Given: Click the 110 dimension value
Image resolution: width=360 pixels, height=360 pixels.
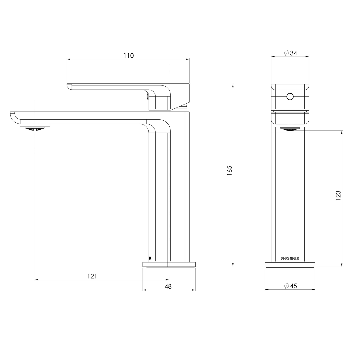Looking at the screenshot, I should [x=129, y=56].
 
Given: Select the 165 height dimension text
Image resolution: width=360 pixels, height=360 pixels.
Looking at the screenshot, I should [x=229, y=170].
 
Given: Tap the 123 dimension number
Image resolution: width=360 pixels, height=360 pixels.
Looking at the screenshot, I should [x=338, y=195].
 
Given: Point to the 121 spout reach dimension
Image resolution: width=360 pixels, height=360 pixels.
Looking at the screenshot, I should [x=92, y=276].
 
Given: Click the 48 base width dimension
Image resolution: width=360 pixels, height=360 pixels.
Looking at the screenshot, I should [x=168, y=286].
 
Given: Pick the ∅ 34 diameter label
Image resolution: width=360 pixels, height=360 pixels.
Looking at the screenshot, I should [x=290, y=53].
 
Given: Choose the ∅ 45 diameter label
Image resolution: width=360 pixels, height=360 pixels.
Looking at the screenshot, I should [x=290, y=286].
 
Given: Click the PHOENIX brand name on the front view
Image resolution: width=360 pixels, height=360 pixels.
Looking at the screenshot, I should [x=290, y=258].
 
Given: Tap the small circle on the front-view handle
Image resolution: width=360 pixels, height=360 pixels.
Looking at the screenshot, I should [x=290, y=97].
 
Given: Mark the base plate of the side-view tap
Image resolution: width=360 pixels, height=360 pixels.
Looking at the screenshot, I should [x=169, y=265].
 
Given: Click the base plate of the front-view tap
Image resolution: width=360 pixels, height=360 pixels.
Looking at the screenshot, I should [x=290, y=265].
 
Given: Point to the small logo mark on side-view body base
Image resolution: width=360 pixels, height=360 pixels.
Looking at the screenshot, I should [x=150, y=258].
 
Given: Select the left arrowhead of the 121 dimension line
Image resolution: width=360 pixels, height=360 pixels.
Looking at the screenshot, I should [x=36, y=280].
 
